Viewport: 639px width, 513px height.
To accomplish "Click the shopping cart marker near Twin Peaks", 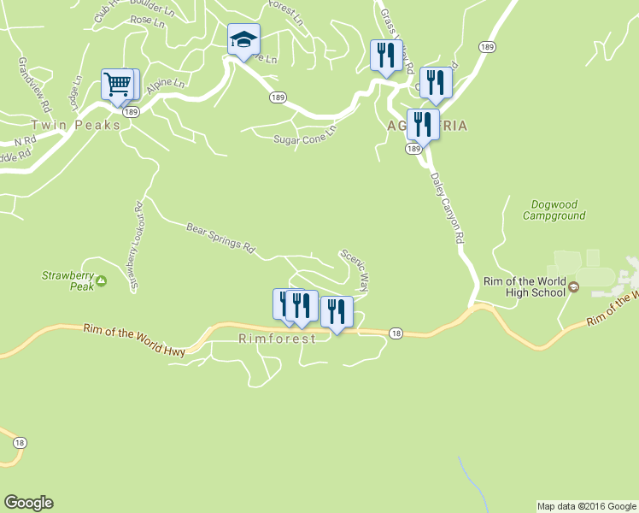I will click(117, 85).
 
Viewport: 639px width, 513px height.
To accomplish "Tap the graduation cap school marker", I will click(243, 39).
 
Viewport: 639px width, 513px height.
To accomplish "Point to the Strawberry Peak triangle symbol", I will click(102, 280).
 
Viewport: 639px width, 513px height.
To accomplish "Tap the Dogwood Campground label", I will click(558, 210).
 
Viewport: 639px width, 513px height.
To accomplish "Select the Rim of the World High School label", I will click(524, 286).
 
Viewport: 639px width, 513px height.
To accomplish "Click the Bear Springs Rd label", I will click(221, 239).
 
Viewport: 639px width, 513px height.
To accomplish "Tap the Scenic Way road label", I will click(355, 269).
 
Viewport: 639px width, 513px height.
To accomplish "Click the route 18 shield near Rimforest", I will click(395, 332).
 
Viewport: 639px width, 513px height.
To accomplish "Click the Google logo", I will click(28, 503).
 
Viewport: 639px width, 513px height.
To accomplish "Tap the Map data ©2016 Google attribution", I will click(586, 506).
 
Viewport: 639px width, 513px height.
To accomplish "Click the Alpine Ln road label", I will click(165, 85).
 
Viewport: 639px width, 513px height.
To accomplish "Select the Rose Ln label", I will click(147, 21).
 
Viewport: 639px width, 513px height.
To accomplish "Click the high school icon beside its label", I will click(575, 286).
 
